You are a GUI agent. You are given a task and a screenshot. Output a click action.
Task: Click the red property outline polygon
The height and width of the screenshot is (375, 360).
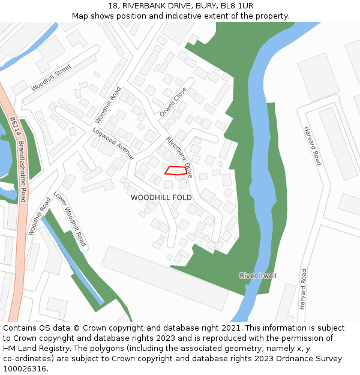coord(176,170)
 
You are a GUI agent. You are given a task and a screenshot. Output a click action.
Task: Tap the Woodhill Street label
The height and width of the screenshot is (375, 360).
coord(51,78)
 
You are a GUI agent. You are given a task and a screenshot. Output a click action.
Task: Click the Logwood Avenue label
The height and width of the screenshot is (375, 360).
coord(113,143)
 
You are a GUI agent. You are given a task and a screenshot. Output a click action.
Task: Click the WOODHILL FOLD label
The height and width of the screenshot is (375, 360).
coord(161,197)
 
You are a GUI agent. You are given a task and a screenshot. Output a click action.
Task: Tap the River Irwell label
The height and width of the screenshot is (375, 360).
coord(258,275)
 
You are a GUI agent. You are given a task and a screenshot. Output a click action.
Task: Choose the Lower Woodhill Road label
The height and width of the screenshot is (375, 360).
coord(70,220)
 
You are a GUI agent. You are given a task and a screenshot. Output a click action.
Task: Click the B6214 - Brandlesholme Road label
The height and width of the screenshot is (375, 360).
coord(18,160)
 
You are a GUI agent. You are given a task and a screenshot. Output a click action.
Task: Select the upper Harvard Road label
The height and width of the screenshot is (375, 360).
coord(312,146)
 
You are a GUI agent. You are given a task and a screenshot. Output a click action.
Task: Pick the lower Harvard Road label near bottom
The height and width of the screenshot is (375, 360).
coord(304,289)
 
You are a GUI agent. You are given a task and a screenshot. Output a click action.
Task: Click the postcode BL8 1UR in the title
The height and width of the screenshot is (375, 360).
coord(237,6)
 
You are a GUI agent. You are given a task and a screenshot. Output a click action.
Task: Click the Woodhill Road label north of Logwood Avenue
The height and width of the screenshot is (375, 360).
coord(108,105)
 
